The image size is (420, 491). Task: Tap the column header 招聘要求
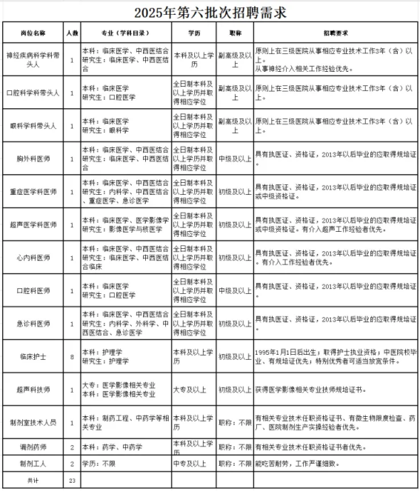335,34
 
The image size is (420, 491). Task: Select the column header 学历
194,34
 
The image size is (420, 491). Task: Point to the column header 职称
236,34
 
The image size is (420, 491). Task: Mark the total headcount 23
71,480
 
